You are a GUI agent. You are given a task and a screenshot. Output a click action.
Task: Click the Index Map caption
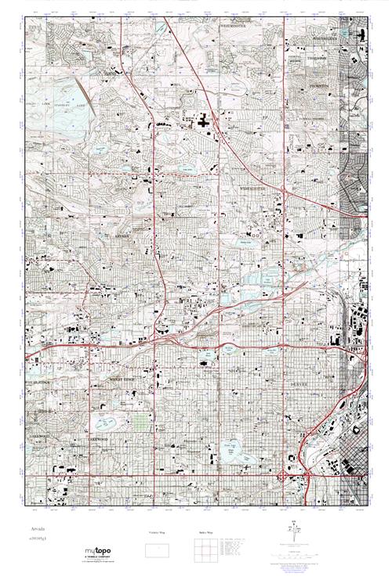[x=205, y=533]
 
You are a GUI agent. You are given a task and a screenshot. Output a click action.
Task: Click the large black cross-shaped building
[x=205, y=121]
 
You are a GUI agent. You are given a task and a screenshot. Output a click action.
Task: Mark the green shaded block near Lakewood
[x=139, y=427]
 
